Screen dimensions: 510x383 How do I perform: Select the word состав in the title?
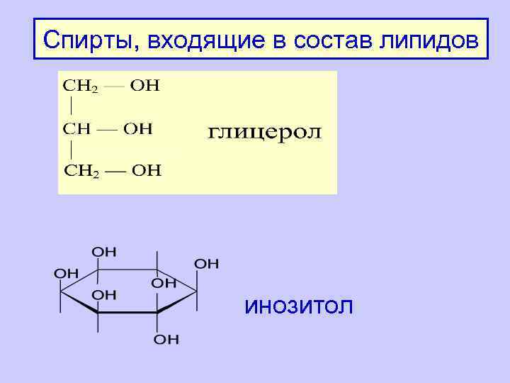(342, 39)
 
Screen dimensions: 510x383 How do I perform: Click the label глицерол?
(265, 133)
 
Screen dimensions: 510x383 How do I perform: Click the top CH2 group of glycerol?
(81, 87)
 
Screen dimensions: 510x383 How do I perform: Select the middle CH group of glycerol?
(76, 129)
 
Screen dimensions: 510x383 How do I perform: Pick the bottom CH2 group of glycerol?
(82, 170)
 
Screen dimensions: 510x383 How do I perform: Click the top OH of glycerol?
(146, 87)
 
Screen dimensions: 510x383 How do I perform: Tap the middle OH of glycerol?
(138, 129)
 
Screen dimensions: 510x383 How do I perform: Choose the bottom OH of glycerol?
(147, 170)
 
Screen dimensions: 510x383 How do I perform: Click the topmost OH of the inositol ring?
(104, 252)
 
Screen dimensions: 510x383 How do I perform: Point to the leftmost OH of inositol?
(67, 272)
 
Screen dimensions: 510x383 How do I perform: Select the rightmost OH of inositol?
(207, 264)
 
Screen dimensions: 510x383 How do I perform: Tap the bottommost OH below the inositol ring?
(167, 340)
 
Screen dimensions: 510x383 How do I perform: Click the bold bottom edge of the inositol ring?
(127, 311)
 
